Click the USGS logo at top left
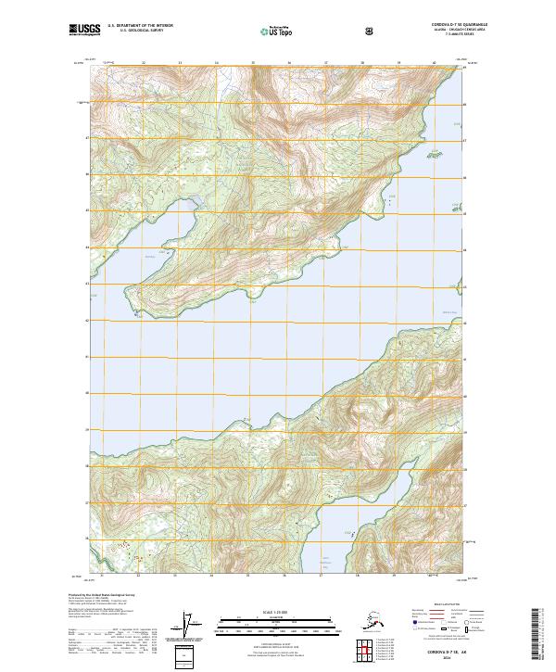click(84, 30)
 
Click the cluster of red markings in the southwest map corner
click(118, 549)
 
